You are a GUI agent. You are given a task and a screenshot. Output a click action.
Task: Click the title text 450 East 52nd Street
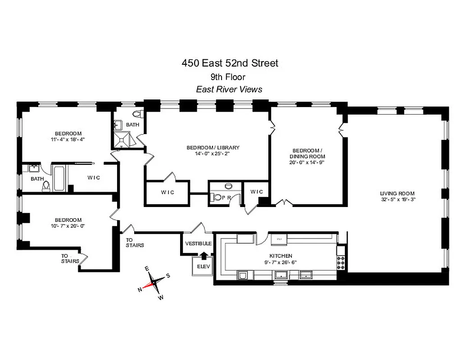coord(230,63)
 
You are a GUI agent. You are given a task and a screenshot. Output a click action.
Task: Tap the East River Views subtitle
coord(229,89)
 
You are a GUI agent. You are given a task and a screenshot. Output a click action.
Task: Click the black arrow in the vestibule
coord(204,255)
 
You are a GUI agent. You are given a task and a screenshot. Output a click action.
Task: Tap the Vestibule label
coord(198,243)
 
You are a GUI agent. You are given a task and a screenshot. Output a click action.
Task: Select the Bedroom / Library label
coord(213,148)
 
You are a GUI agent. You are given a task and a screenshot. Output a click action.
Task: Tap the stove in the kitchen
coord(341,261)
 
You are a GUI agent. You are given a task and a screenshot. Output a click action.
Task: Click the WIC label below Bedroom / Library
coord(167,192)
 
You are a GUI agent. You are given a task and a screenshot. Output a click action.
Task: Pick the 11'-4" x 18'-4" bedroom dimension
coord(68,139)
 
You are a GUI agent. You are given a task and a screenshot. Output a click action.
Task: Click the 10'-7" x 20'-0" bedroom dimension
coord(68,226)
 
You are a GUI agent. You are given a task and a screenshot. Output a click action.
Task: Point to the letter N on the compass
coord(140,289)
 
